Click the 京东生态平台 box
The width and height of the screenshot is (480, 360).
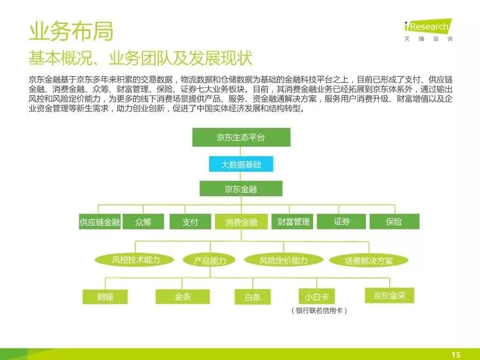241,137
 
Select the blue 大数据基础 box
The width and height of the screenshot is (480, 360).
241,164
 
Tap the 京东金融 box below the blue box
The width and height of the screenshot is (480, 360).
241,188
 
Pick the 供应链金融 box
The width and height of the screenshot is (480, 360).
100,222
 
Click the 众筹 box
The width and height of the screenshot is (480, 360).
143,222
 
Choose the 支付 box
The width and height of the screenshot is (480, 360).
190,222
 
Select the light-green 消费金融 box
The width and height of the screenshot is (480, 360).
241,222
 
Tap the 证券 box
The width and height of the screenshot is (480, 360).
341,222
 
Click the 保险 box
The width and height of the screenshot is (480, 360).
394,222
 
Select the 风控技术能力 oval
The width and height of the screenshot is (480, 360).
135,260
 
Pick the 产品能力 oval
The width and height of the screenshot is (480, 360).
210,260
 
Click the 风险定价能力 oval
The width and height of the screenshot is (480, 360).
284,260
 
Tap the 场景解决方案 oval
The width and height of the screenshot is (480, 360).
369,261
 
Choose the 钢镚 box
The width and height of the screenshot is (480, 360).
105,297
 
